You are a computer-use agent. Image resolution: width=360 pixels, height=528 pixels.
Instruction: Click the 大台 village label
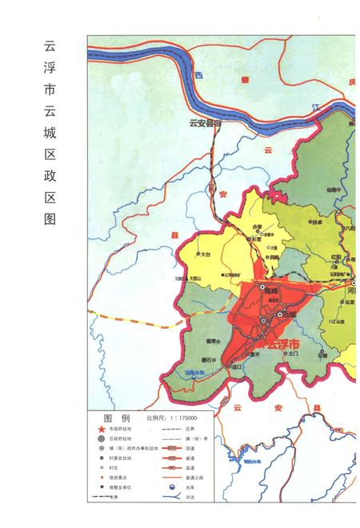tap(205, 254)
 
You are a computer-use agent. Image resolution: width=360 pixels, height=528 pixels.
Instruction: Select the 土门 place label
tap(293, 353)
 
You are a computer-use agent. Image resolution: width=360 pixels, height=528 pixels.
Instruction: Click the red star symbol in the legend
tap(102, 429)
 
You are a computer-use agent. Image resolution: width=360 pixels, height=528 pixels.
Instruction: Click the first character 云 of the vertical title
tap(50, 46)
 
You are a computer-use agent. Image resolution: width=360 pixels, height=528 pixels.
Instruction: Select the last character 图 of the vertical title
tap(50, 218)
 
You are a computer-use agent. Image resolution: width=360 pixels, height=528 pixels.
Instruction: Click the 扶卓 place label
tap(318, 222)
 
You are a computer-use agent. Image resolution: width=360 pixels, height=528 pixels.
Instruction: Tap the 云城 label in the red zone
tap(278, 318)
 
